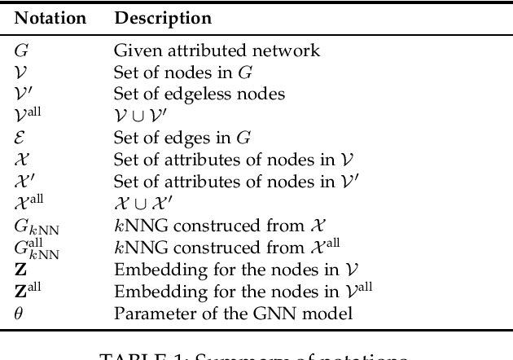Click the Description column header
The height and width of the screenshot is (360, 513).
163,17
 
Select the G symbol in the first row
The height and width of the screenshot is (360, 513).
20,50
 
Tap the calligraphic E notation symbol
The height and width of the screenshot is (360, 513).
20,136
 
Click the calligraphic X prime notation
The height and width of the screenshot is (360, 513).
23,178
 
